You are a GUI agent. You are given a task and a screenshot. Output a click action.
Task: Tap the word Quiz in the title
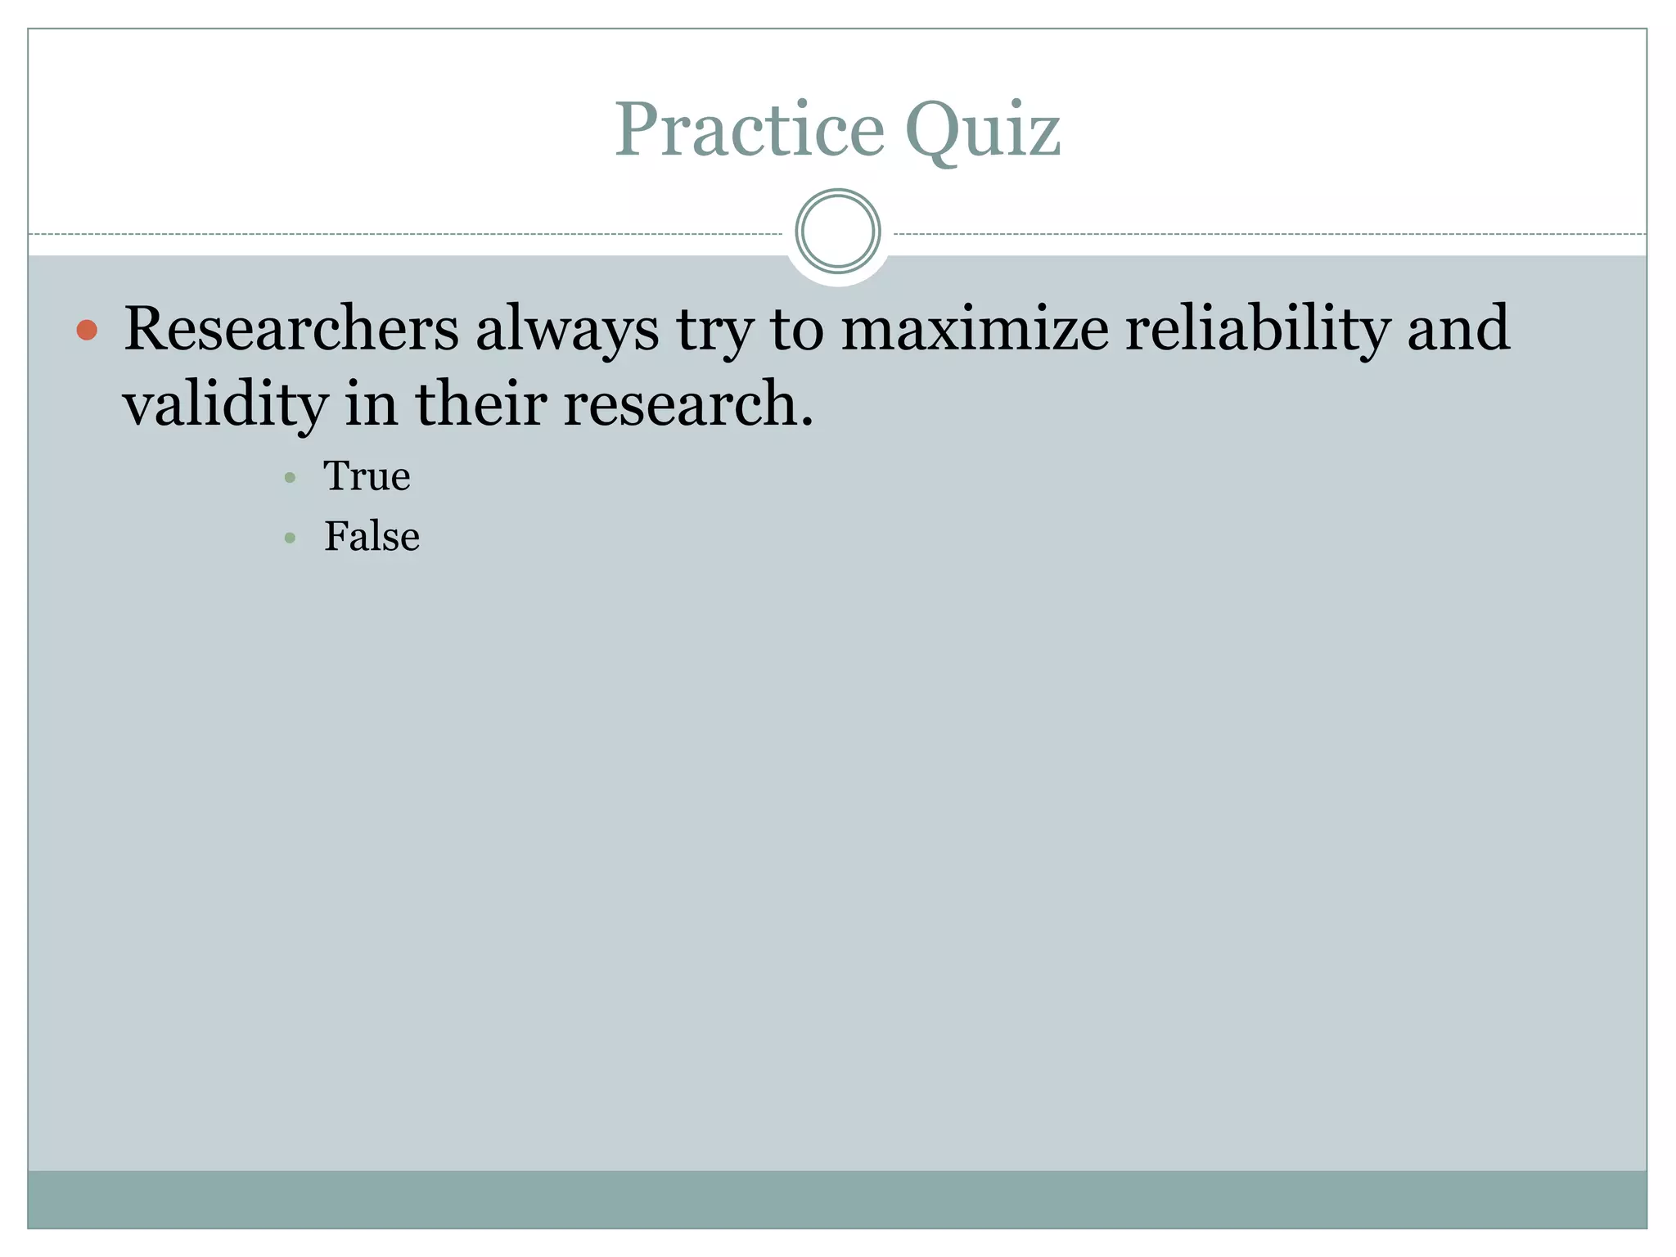(982, 131)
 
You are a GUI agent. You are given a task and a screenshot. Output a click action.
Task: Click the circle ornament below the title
(837, 232)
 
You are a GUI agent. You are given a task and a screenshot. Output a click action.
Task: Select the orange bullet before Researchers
(87, 330)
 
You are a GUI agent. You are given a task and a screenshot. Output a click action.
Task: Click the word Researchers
(291, 329)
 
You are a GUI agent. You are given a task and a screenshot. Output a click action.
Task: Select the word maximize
(975, 329)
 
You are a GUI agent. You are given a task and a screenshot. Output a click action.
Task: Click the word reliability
(1257, 329)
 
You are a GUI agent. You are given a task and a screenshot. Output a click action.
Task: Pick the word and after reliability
(1457, 328)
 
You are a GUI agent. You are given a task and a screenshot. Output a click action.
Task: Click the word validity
(226, 405)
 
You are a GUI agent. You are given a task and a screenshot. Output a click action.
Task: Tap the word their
(481, 403)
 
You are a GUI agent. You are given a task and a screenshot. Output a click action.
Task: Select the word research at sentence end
(681, 403)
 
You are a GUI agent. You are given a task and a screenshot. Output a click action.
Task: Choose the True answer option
(367, 475)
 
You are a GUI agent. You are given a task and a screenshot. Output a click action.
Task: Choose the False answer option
(372, 537)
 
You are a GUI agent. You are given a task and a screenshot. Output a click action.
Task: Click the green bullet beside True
(290, 477)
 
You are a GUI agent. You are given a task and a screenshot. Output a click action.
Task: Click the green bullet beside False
(290, 538)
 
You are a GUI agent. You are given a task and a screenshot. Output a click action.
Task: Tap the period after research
(808, 422)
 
